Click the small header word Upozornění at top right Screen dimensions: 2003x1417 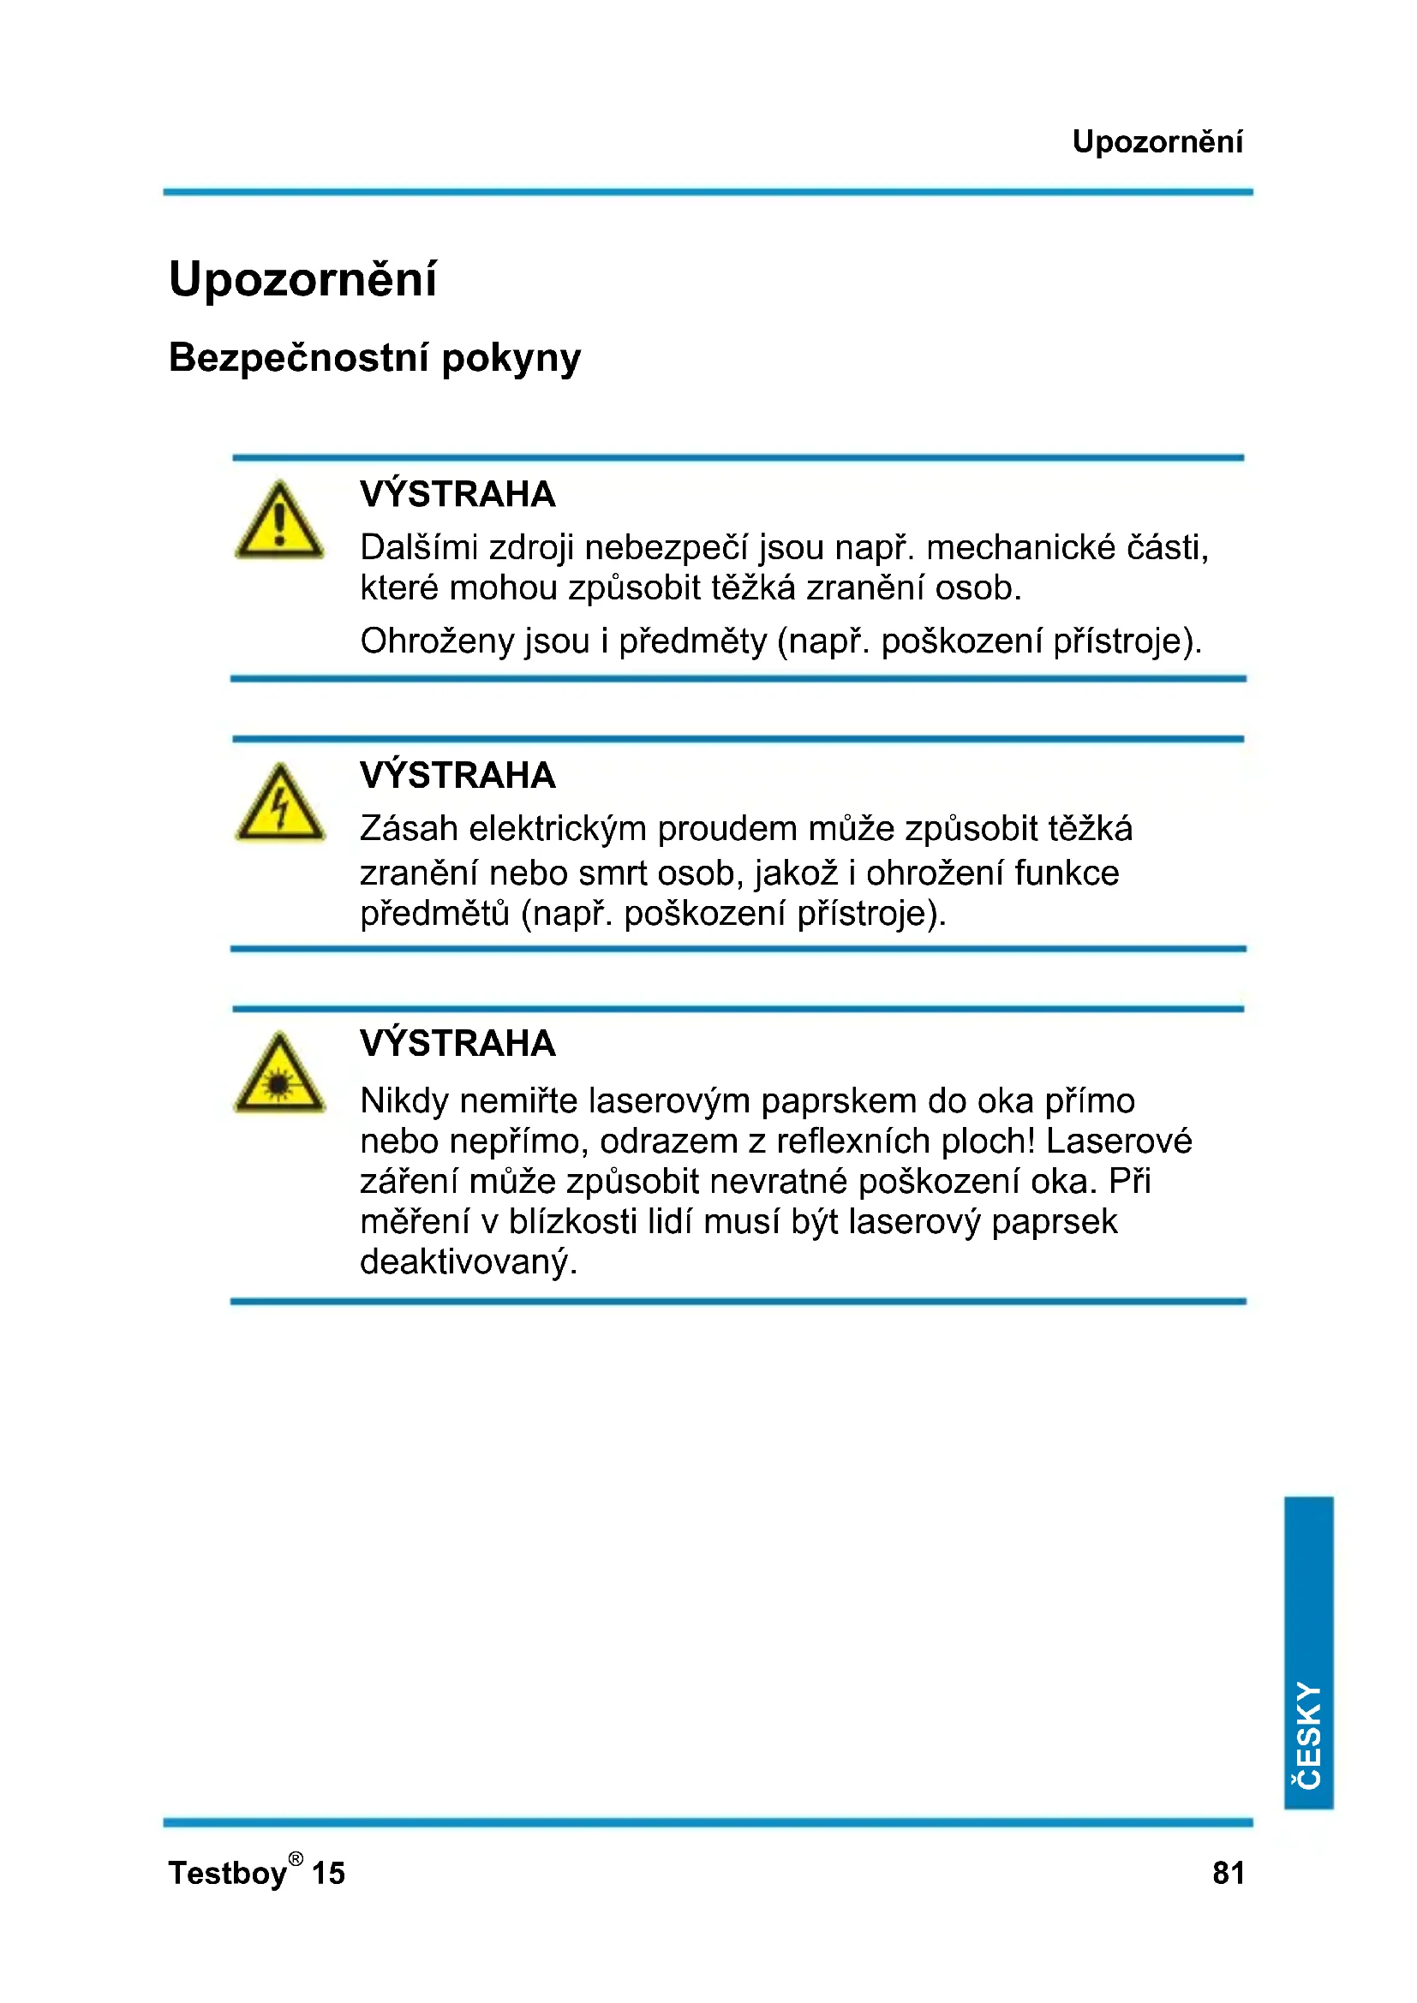pyautogui.click(x=1156, y=142)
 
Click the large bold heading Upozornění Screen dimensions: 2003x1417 pyautogui.click(x=302, y=280)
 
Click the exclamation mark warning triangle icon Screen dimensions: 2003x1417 pyautogui.click(x=279, y=522)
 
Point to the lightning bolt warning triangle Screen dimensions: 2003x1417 pyautogui.click(x=279, y=804)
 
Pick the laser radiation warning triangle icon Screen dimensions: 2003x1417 pyautogui.click(x=279, y=1075)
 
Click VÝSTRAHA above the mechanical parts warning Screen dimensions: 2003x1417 pyautogui.click(x=457, y=494)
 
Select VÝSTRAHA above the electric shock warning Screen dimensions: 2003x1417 pyautogui.click(x=457, y=775)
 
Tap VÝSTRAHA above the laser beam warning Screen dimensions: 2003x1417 pyautogui.click(x=457, y=1042)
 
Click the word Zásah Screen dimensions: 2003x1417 pyautogui.click(x=409, y=829)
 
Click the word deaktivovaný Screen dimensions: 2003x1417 pyautogui.click(x=469, y=1262)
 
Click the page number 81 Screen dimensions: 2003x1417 pyautogui.click(x=1228, y=1873)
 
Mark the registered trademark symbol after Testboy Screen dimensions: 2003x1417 pyautogui.click(x=296, y=1859)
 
